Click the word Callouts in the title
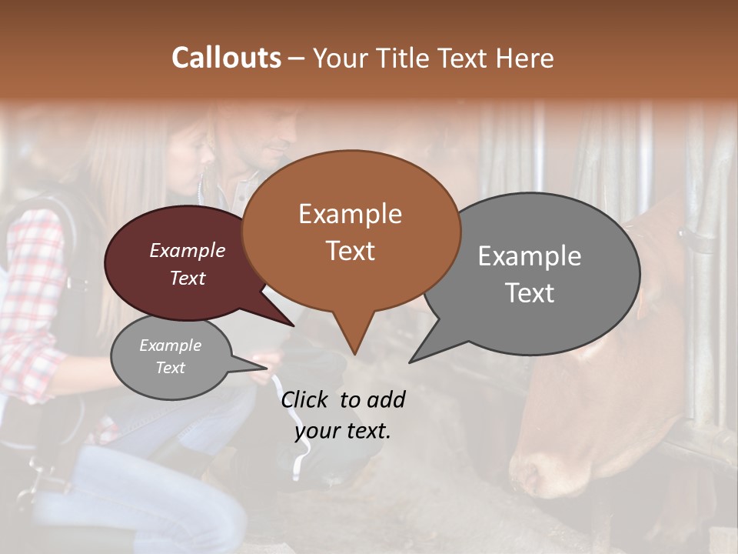[x=226, y=58]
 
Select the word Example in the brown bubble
[x=350, y=214]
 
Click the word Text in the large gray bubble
[x=529, y=293]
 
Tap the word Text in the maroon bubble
[x=188, y=279]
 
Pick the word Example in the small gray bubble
[x=170, y=345]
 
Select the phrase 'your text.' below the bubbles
[x=343, y=431]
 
